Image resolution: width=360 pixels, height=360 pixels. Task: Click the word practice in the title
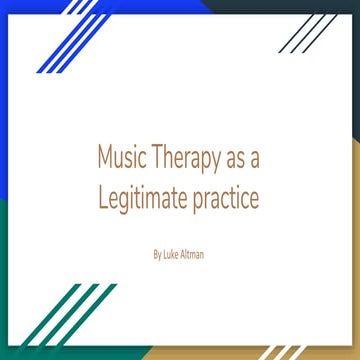227,200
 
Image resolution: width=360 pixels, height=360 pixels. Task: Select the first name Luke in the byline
172,255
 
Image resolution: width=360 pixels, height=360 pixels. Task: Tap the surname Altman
194,255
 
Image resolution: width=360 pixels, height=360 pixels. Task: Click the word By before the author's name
158,256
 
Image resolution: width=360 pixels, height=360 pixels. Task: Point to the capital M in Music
105,159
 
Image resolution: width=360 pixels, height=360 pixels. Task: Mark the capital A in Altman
185,255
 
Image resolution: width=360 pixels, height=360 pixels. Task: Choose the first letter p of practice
198,202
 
